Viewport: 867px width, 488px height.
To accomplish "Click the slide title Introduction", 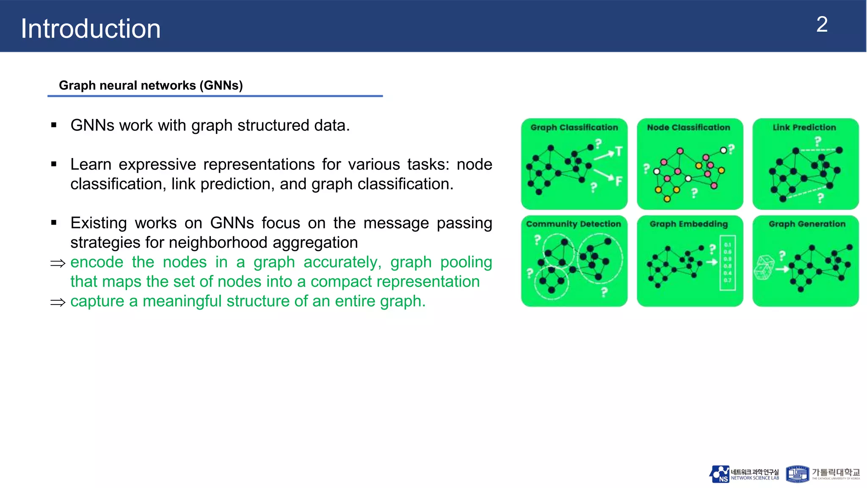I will point(91,29).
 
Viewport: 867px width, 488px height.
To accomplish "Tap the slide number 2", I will point(822,25).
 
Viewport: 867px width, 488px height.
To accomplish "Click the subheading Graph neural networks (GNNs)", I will point(151,86).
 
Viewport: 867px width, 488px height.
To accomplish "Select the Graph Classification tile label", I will point(574,128).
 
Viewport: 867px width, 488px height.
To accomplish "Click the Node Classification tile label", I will point(688,128).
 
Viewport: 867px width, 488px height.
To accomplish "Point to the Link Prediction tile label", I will point(804,128).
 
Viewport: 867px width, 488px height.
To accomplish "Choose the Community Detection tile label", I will point(573,224).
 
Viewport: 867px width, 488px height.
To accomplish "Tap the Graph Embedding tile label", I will point(688,224).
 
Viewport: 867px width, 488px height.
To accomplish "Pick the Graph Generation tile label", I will point(807,224).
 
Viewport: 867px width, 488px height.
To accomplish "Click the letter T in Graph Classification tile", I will point(618,151).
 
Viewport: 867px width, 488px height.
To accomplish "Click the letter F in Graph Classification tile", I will point(618,181).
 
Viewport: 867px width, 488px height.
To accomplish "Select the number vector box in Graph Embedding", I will point(727,263).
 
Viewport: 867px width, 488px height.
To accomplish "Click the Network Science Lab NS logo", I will point(719,474).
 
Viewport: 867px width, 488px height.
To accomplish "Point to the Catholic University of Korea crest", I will point(797,474).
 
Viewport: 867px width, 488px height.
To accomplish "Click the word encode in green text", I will point(97,262).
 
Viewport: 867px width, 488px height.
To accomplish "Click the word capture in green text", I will point(97,301).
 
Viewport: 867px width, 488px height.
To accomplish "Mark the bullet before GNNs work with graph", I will point(54,125).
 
